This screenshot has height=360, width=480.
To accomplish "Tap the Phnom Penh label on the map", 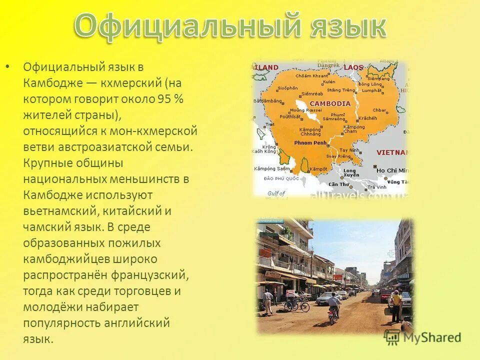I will (310, 142).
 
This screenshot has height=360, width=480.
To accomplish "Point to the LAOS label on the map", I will (353, 67).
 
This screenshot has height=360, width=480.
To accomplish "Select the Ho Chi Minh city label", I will (393, 170).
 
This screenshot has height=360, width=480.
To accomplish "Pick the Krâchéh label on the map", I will (367, 118).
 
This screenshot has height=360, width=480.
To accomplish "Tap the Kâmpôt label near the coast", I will (318, 169).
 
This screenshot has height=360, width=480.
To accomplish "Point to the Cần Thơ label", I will (339, 184).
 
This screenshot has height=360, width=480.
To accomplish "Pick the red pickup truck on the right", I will (385, 295).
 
